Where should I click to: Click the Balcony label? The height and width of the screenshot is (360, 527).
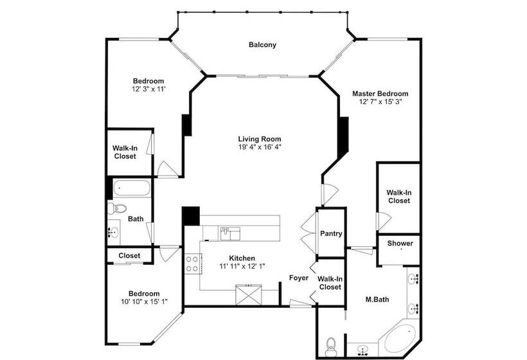tap(262, 45)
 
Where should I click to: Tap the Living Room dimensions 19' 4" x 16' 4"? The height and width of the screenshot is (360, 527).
tap(260, 147)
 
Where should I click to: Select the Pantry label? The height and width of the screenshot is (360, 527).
tap(331, 233)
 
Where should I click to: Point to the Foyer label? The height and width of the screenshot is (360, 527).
tap(299, 278)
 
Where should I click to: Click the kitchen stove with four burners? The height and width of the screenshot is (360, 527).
tap(192, 264)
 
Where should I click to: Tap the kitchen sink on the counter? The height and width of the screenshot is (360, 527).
tap(230, 233)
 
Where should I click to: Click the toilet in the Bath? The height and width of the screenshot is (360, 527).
tap(116, 208)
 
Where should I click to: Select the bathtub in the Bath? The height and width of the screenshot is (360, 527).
tap(131, 188)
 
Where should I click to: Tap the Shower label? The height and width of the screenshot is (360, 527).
tap(400, 243)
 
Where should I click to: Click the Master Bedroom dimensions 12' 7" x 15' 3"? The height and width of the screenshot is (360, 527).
tap(380, 102)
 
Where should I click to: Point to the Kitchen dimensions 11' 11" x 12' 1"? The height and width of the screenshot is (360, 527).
tap(242, 266)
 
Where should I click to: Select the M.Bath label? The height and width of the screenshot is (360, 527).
tap(377, 299)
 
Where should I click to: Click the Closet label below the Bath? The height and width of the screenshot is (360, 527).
tap(129, 255)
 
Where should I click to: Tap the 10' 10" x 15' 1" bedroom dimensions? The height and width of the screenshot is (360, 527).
tap(144, 301)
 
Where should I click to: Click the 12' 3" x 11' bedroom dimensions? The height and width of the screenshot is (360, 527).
tap(148, 89)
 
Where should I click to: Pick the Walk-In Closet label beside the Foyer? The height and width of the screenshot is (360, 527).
tap(330, 283)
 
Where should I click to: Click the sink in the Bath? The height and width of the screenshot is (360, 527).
tap(114, 231)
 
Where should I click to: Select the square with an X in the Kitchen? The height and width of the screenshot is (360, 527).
tap(249, 295)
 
